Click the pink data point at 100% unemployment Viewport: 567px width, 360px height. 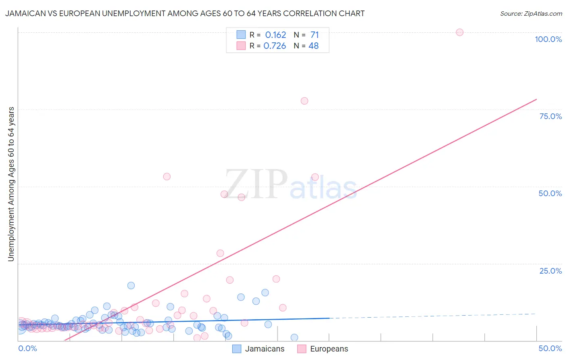point(459,32)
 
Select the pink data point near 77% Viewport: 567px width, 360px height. point(304,101)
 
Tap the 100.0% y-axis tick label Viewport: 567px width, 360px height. point(548,39)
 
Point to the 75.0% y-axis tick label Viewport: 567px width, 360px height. point(550,116)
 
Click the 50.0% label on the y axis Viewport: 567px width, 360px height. point(550,193)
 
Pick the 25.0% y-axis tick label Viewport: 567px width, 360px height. point(550,271)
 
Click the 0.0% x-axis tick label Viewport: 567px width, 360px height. point(27,348)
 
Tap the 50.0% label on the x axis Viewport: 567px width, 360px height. point(550,348)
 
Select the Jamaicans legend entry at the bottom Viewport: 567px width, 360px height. point(258,349)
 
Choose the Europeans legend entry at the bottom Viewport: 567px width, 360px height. point(323,349)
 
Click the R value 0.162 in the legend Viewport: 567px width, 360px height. point(275,35)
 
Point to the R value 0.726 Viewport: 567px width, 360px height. point(275,46)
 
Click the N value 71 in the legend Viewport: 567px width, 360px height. point(315,35)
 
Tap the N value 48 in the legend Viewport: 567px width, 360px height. point(313,46)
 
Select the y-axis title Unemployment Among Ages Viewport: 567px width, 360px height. point(11,184)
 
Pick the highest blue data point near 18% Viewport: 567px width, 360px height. point(131,285)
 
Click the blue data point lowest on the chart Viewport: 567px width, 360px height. point(294,337)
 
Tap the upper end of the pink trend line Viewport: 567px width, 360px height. point(536,99)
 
